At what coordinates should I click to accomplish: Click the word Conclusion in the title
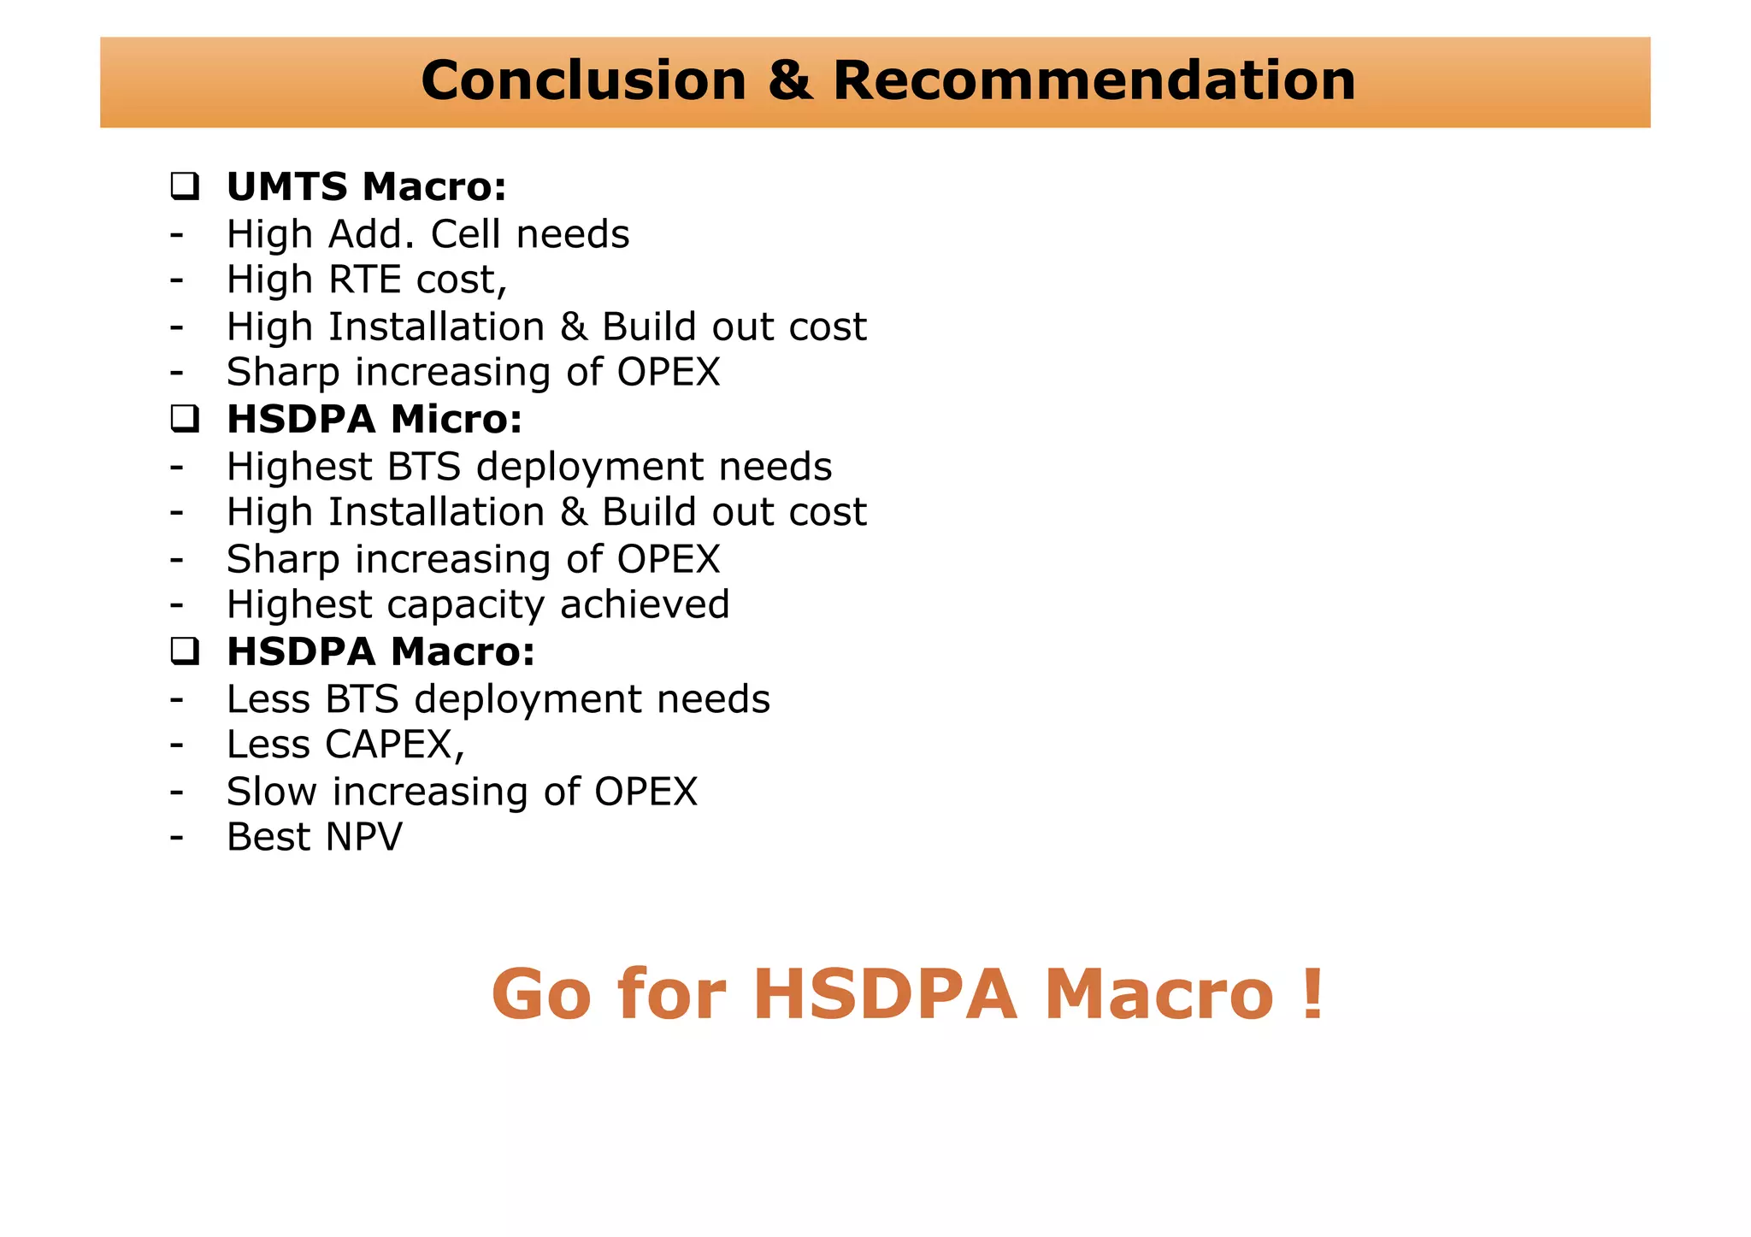tap(583, 81)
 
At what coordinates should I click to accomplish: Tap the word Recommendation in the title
tap(1094, 81)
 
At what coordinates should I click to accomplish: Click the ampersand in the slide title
tap(789, 81)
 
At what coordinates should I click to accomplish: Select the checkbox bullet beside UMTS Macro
tap(185, 186)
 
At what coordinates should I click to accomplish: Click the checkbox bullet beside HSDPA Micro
tap(185, 418)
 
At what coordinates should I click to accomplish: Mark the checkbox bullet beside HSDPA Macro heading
tap(185, 651)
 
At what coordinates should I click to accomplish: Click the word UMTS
tap(286, 186)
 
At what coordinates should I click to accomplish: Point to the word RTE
tap(366, 280)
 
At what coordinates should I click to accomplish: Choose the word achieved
tap(645, 604)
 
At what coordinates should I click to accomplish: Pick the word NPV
tap(363, 837)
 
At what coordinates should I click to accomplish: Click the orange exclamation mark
tap(1313, 994)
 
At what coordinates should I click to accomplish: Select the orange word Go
tap(540, 994)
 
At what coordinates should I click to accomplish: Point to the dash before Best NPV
tap(176, 837)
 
